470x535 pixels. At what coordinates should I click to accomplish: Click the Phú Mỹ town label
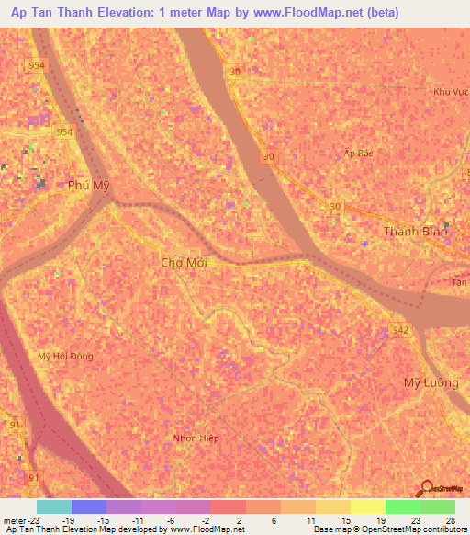click(x=89, y=185)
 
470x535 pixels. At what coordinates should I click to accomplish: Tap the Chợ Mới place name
click(x=185, y=262)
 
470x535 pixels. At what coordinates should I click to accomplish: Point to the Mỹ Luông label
click(x=431, y=382)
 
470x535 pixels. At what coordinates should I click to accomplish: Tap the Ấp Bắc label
click(x=360, y=153)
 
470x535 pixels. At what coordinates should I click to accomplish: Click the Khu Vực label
click(x=451, y=92)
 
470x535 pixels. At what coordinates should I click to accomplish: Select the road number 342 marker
click(x=398, y=328)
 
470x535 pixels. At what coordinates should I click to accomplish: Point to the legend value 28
click(x=450, y=519)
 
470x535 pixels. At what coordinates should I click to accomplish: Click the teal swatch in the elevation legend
click(x=53, y=507)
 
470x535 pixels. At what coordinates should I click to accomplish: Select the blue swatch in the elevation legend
click(x=88, y=507)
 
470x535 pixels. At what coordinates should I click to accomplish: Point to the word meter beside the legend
click(x=15, y=519)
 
